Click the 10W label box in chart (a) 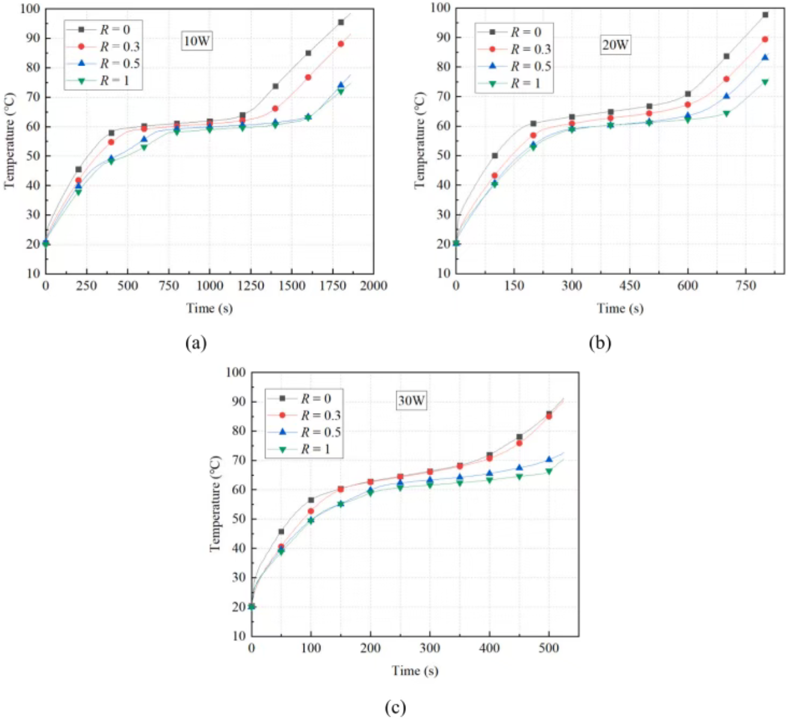coord(197,41)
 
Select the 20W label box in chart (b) coord(615,45)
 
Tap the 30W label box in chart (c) coord(411,400)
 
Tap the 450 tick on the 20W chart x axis coord(630,286)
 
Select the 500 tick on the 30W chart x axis coord(548,648)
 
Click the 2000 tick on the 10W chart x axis coord(373,286)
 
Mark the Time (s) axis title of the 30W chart coord(415,670)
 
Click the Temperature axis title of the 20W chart coord(420,140)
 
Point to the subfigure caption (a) coord(197,343)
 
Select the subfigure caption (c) coord(395,708)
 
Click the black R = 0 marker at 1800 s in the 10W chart coord(341,22)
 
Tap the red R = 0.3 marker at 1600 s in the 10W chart coord(308,77)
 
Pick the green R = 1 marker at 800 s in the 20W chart coord(765,82)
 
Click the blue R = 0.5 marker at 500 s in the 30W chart coord(548,460)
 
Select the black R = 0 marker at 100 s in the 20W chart coord(495,156)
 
